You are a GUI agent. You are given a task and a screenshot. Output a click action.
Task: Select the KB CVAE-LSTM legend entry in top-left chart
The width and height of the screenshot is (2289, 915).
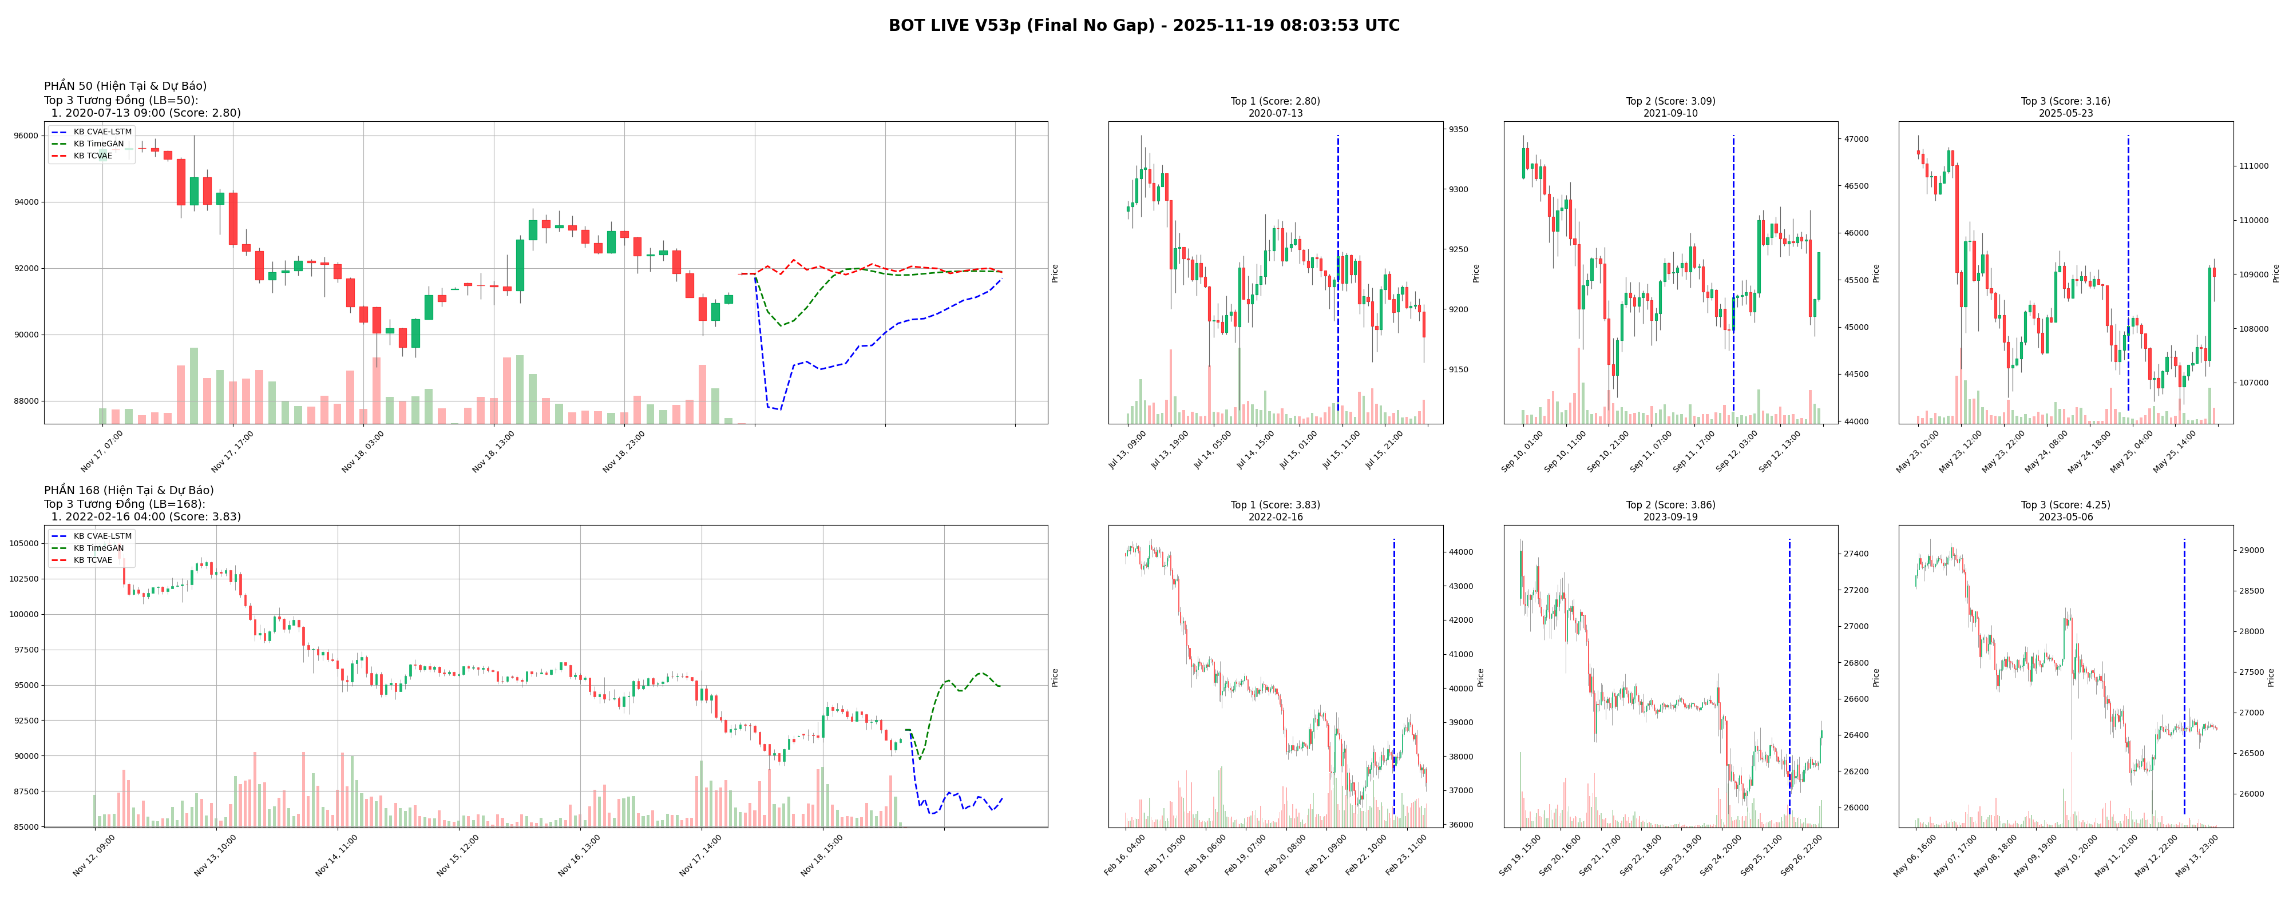tap(102, 132)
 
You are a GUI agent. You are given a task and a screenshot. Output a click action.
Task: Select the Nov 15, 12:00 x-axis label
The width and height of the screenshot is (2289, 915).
tap(458, 854)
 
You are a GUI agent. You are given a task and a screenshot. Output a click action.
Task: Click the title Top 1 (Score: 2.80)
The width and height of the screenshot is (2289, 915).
tap(1274, 101)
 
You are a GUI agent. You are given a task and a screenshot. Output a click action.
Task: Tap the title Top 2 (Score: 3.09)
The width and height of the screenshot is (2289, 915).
tap(1670, 101)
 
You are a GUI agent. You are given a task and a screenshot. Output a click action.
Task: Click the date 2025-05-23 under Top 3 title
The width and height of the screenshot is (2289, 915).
tap(2065, 114)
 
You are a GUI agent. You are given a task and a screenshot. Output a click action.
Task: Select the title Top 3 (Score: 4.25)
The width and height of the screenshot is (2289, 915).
tap(2065, 504)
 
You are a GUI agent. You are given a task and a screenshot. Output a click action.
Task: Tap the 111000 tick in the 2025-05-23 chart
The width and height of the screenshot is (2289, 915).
tap(2254, 166)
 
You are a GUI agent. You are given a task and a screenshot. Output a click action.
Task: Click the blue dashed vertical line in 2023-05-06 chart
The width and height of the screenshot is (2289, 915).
tap(2184, 675)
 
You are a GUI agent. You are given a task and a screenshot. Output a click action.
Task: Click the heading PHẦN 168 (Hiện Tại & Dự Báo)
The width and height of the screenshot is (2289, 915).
tap(129, 490)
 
